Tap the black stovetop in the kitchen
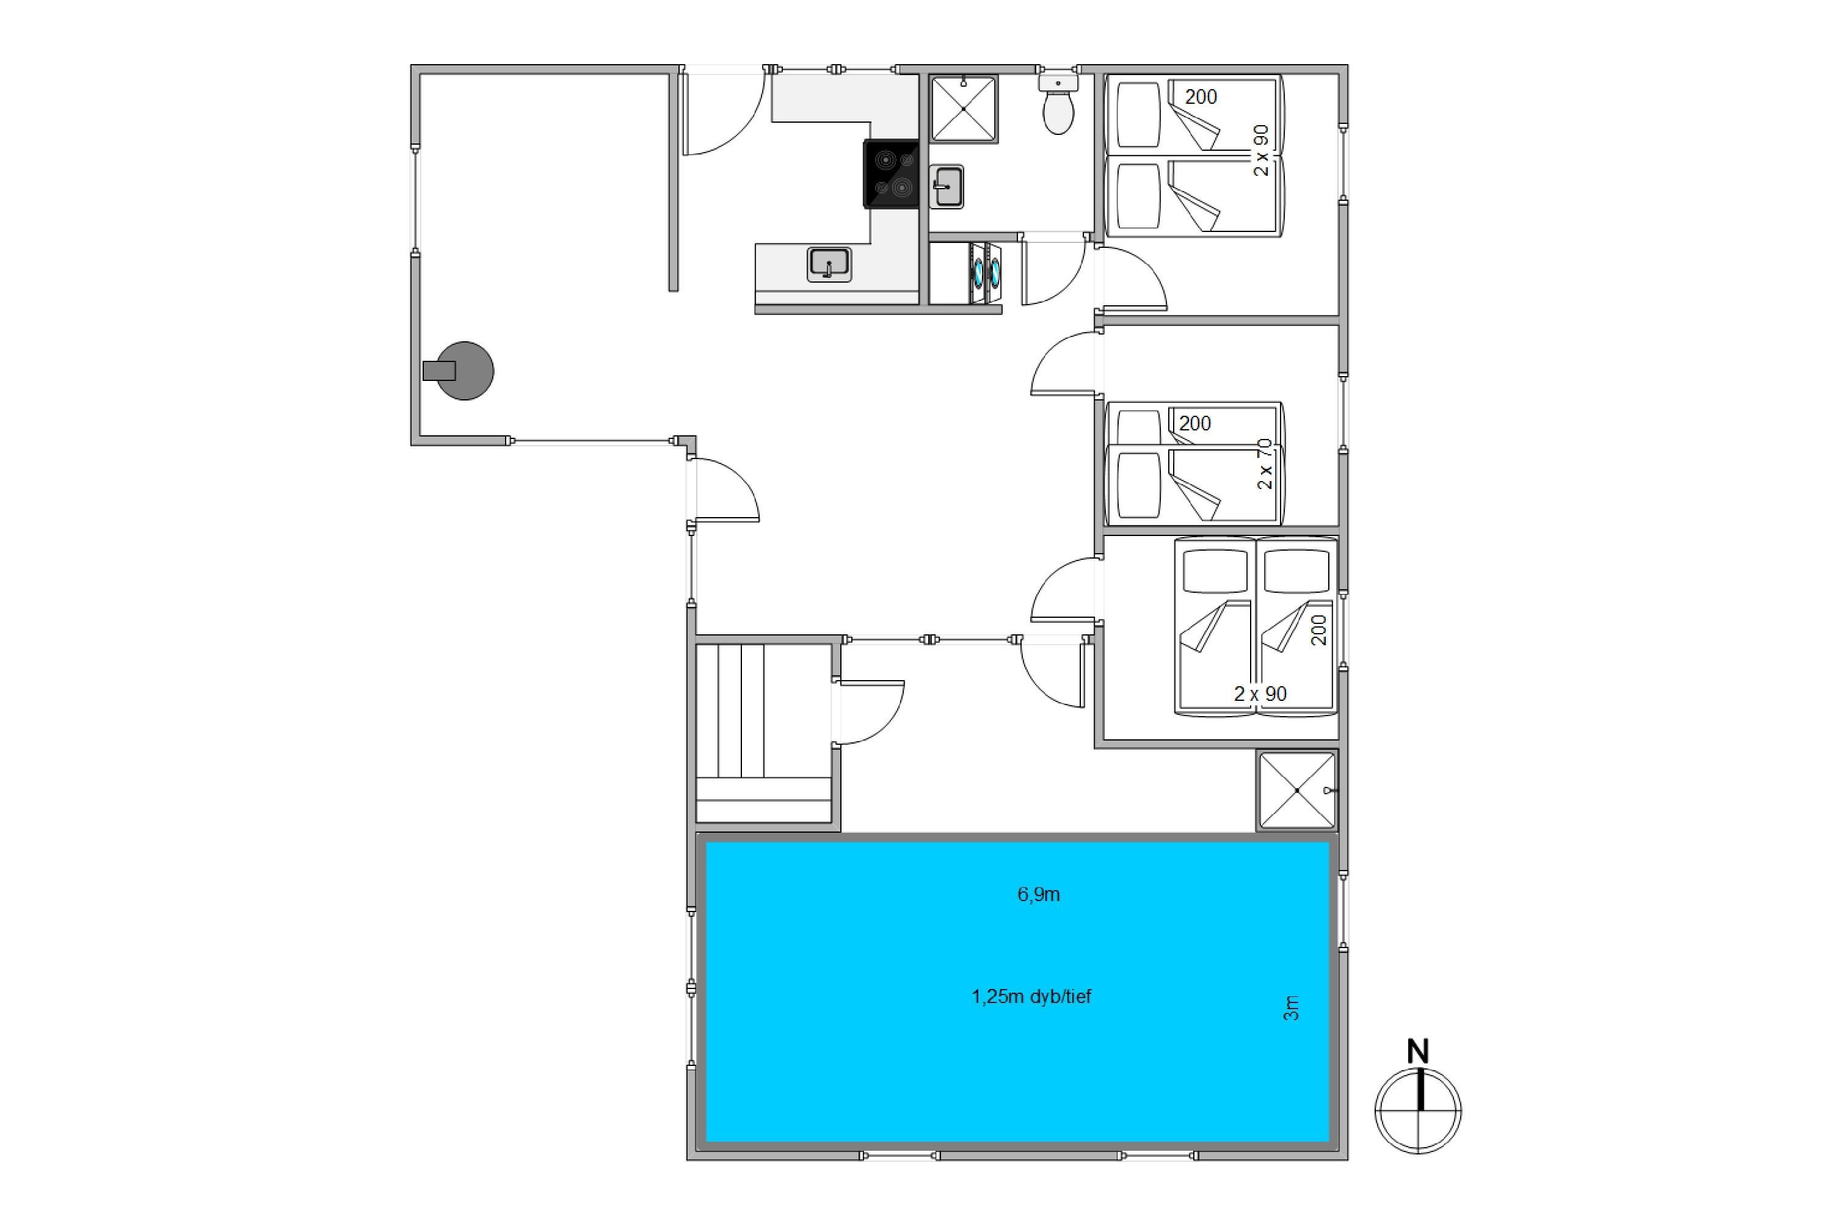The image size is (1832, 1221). [x=891, y=173]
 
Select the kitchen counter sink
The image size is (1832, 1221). [x=829, y=264]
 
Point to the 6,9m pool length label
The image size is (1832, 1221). [x=1038, y=894]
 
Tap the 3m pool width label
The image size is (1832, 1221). [x=1291, y=1008]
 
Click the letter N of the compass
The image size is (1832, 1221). [x=1417, y=1052]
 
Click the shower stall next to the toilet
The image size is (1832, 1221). [x=964, y=109]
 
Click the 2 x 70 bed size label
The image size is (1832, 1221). [x=1264, y=464]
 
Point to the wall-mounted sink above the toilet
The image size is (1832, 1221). [x=1058, y=81]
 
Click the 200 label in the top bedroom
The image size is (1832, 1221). [x=1201, y=96]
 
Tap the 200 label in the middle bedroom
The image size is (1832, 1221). [x=1195, y=423]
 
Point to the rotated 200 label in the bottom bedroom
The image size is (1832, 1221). [x=1318, y=630]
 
